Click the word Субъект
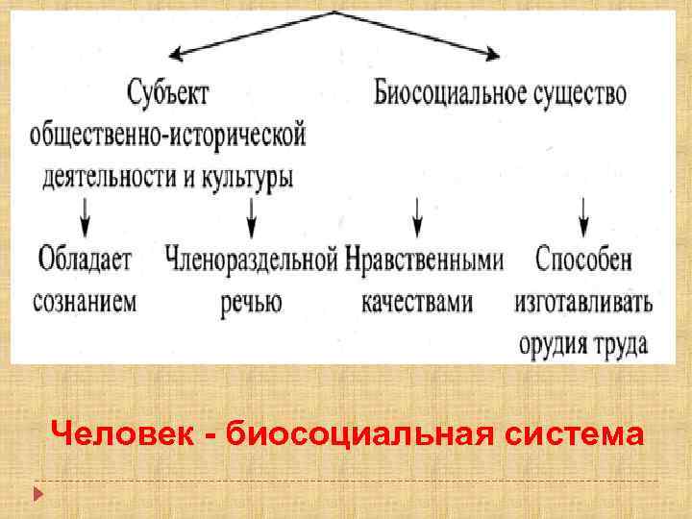[x=168, y=93]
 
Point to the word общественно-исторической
[x=168, y=135]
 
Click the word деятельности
[x=107, y=177]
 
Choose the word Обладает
[x=86, y=259]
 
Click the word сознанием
[x=86, y=300]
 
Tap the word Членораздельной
[x=251, y=259]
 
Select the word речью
[x=251, y=302]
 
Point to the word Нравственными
[x=424, y=259]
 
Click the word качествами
[x=417, y=301]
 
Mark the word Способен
[x=584, y=259]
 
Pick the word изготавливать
[x=583, y=302]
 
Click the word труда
[x=619, y=343]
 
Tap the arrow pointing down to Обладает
[x=86, y=217]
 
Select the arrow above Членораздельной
[x=252, y=217]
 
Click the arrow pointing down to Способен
[x=584, y=217]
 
